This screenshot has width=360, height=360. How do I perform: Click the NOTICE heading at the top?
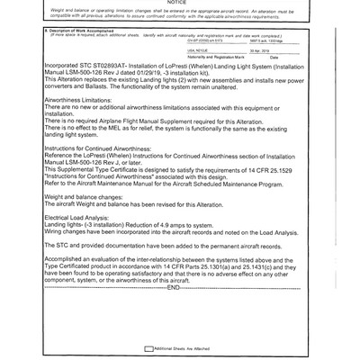pos(179,4)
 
